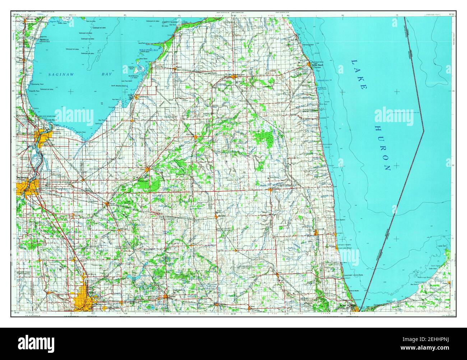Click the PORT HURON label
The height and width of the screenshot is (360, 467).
tap(347, 305)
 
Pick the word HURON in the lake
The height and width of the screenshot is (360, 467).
tap(382, 148)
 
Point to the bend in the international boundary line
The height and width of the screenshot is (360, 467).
tap(424, 131)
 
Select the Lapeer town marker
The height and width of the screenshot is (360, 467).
tap(165, 296)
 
